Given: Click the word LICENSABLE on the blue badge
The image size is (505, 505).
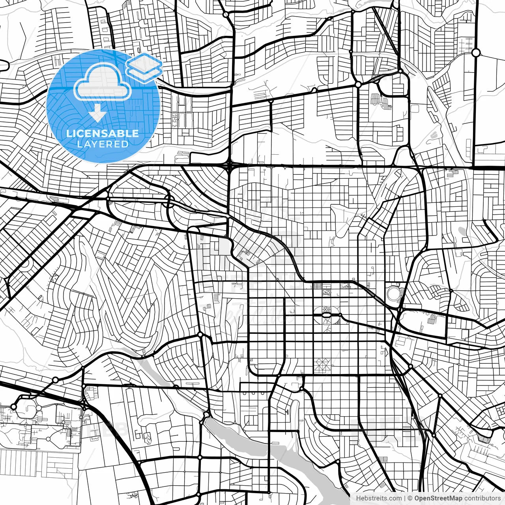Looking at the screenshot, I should tap(103, 133).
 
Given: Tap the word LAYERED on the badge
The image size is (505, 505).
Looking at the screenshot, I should tap(103, 144).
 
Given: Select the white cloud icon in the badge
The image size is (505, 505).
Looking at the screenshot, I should tap(103, 82).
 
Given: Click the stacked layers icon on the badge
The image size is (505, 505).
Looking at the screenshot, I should tap(144, 68).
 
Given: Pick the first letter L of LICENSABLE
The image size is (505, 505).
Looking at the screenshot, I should tap(69, 133).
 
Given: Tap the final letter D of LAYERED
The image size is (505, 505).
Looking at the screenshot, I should tap(125, 144).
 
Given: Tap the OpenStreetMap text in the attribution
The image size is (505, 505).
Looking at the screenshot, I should tap(438, 498).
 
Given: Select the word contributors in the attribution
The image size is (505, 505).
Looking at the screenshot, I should tap(481, 498).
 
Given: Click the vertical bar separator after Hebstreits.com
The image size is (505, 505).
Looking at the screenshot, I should tap(405, 498).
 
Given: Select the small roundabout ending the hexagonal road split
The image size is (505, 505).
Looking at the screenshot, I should tap(340, 315).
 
